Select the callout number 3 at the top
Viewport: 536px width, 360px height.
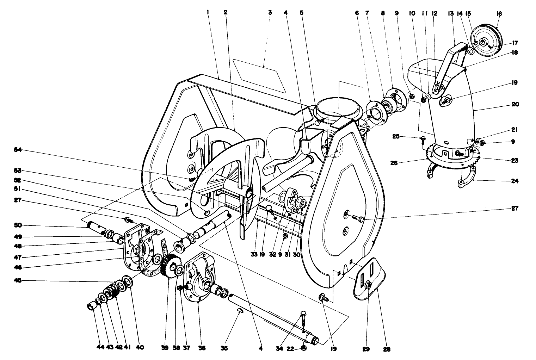click(270, 12)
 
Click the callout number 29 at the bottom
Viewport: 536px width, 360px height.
click(366, 349)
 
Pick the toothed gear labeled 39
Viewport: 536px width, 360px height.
click(171, 266)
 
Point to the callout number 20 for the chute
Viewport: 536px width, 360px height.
click(515, 104)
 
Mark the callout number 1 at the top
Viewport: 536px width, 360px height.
click(208, 12)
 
